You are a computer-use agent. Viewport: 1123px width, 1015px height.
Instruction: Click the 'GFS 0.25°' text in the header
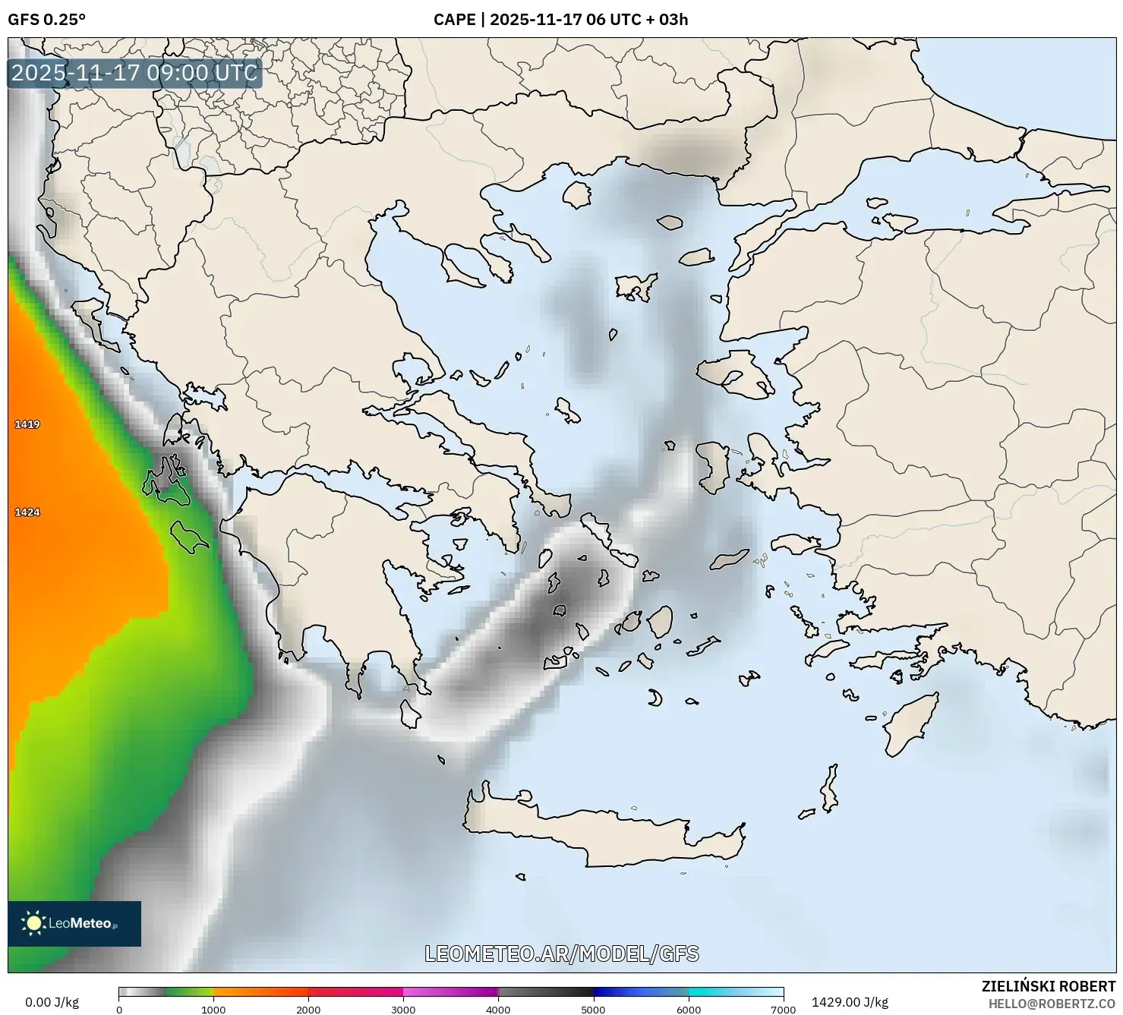[46, 20]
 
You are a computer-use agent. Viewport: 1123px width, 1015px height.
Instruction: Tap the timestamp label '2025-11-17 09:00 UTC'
[134, 73]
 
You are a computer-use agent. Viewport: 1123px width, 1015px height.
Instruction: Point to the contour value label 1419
[27, 424]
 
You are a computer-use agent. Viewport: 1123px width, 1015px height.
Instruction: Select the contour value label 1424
[27, 512]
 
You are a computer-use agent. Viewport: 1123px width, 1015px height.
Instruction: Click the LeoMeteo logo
[74, 923]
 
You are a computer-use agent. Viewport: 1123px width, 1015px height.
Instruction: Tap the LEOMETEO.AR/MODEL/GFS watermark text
[561, 954]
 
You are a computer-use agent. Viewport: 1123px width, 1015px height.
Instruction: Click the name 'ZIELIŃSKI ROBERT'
[1049, 986]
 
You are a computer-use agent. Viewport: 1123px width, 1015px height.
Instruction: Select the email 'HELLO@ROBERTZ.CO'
[1056, 1004]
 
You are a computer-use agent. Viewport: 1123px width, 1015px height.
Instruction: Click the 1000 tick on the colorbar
[213, 1010]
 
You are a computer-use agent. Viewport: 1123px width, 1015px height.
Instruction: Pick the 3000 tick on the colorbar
[403, 1010]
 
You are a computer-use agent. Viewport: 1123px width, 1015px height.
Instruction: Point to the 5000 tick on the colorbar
[593, 1010]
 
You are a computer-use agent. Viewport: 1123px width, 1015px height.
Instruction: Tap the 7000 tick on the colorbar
[783, 1010]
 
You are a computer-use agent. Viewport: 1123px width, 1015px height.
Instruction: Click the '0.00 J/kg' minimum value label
[52, 1002]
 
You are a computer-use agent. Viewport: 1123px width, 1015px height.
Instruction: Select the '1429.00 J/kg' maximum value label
[850, 1002]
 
